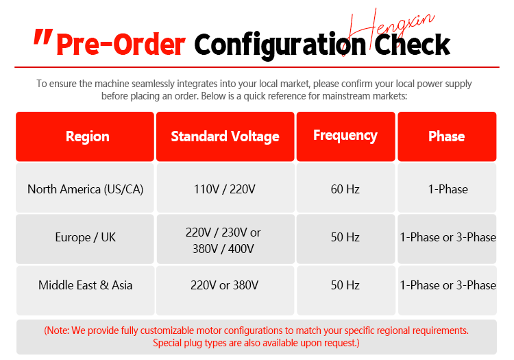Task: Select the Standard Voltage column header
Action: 225,136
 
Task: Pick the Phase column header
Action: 447,136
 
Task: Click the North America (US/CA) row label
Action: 85,189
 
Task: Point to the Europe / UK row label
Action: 85,237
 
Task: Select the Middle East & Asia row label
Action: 85,285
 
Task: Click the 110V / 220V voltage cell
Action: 225,189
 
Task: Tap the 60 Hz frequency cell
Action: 345,189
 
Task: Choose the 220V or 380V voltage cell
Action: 225,285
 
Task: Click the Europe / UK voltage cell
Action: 223,241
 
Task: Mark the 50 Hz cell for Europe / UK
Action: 345,237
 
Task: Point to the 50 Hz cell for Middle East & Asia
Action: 345,285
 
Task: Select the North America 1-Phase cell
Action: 448,189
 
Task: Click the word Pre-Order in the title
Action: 121,45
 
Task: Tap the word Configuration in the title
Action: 280,46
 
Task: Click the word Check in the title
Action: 412,45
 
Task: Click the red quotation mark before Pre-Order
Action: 43,36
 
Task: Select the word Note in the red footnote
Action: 58,331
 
